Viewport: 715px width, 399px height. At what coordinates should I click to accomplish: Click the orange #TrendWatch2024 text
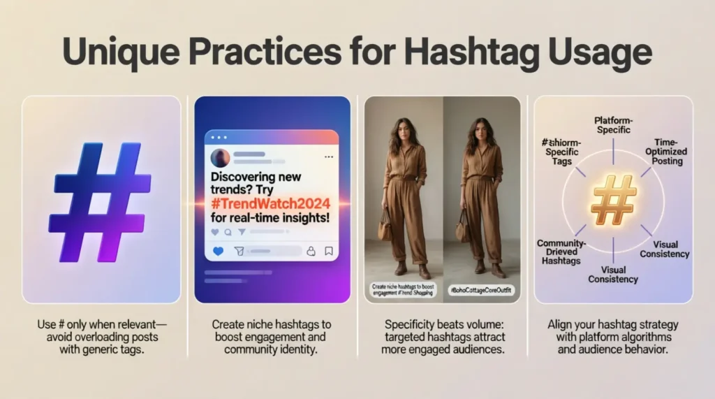[x=271, y=203]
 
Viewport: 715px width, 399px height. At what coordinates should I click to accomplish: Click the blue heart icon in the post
[x=217, y=251]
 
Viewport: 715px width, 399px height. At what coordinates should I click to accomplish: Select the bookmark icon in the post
[x=329, y=251]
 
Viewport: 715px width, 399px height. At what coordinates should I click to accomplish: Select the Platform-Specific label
[x=612, y=125]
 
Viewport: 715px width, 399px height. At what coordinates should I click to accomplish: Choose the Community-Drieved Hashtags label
[x=563, y=252]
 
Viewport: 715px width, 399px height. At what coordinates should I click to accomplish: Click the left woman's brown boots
[x=412, y=268]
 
